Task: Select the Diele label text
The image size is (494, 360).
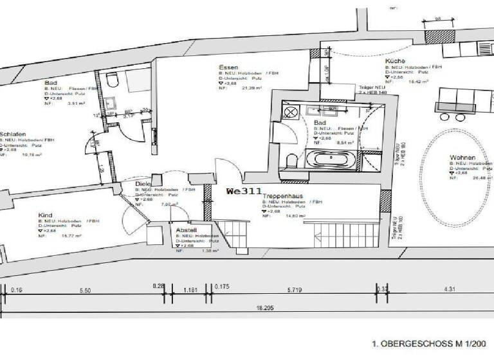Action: [x=143, y=184]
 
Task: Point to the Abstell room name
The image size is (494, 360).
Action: [x=187, y=230]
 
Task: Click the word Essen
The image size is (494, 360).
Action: [x=229, y=67]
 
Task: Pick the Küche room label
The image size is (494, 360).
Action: [x=395, y=62]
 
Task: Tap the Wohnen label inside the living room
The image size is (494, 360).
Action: [x=462, y=156]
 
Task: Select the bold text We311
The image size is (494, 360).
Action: [x=244, y=191]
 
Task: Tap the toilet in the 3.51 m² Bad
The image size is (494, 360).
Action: [x=113, y=80]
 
